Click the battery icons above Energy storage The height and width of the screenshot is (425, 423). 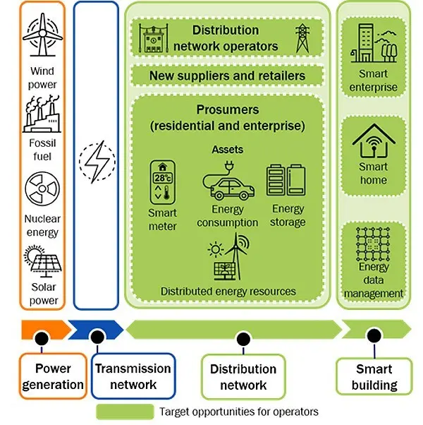click(286, 180)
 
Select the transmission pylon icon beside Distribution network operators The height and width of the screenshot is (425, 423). click(302, 39)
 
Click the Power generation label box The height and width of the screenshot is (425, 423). click(53, 376)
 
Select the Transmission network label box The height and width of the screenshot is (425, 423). click(133, 376)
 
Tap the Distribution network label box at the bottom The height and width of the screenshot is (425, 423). click(243, 377)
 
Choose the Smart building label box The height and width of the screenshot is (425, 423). click(374, 377)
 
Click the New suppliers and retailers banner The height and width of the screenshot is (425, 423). click(227, 75)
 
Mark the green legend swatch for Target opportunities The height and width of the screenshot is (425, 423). click(125, 412)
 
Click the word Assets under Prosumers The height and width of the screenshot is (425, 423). click(227, 150)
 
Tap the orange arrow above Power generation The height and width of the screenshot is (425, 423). click(44, 328)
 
